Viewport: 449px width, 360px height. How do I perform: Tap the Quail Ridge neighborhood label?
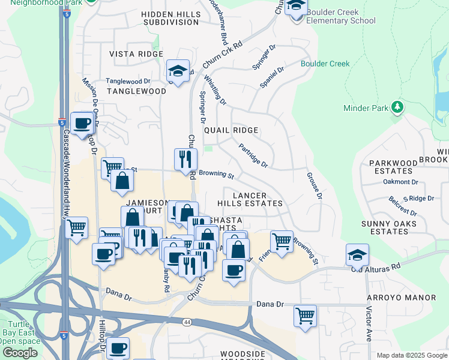(231, 130)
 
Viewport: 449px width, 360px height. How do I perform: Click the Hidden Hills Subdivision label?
(171, 18)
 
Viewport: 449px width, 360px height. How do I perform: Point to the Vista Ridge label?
(136, 54)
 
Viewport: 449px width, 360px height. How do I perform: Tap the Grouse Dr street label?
(315, 187)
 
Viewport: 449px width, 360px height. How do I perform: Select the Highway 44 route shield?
(187, 322)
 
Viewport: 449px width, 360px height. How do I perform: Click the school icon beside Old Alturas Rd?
(358, 254)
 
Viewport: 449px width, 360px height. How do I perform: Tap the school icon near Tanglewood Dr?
(178, 71)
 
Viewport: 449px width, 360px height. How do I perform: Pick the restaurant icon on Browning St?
(185, 160)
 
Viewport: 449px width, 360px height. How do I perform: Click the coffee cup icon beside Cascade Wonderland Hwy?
(82, 124)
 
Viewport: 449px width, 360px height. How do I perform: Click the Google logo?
(20, 352)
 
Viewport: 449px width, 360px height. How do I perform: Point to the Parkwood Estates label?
(393, 167)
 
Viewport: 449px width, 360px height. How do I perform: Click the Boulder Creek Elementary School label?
(341, 16)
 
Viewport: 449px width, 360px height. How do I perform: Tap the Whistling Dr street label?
(215, 89)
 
